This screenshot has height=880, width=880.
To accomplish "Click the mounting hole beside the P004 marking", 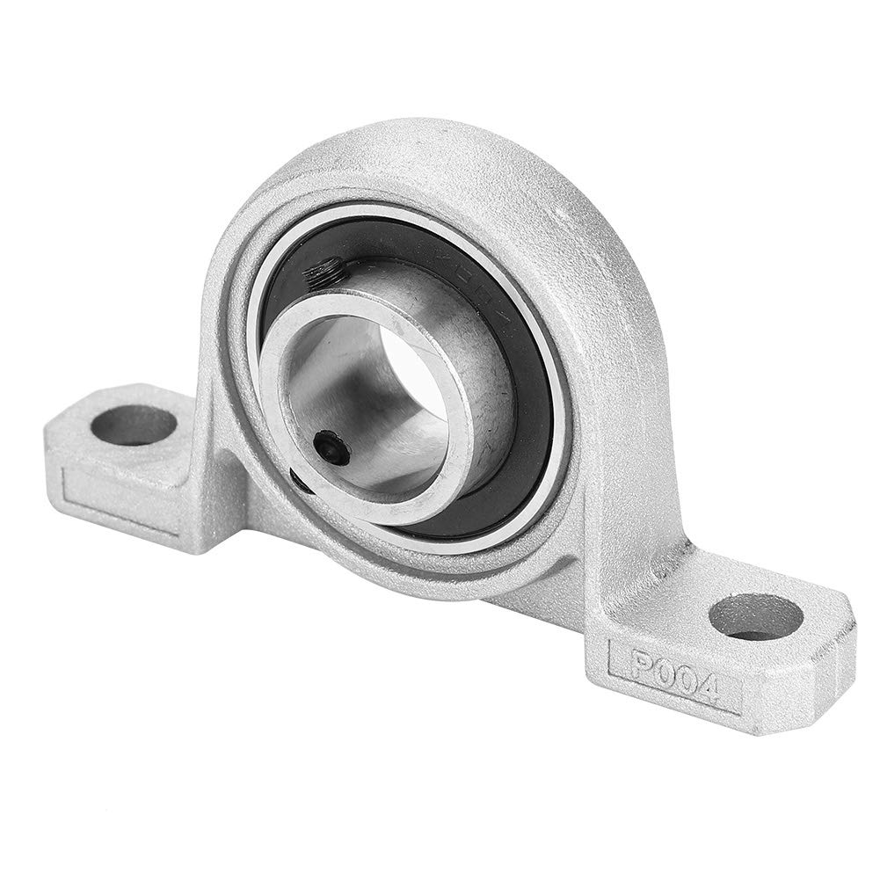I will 755,616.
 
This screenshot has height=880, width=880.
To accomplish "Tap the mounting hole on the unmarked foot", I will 134,425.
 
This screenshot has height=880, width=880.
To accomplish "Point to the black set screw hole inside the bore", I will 333,447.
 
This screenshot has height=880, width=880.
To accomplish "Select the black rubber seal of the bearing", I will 527,422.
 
